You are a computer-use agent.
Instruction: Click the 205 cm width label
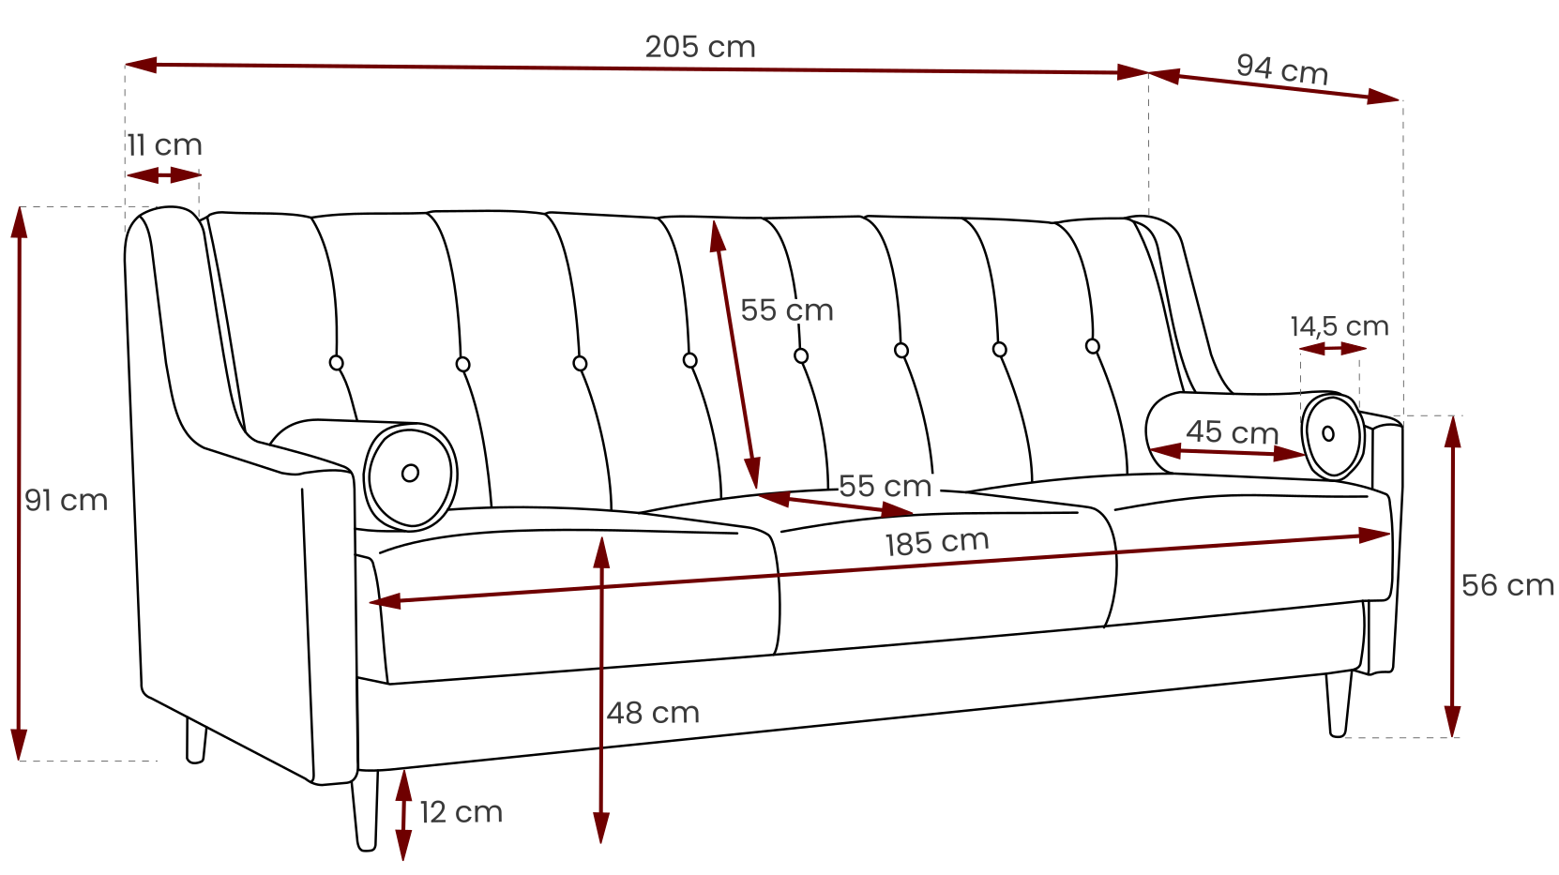tap(700, 47)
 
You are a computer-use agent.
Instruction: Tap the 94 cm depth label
tap(1282, 69)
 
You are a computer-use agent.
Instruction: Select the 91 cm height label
tap(66, 501)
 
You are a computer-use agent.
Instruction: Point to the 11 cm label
tap(164, 145)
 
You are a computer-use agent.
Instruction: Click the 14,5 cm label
tap(1340, 325)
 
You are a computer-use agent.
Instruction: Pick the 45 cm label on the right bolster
tap(1232, 432)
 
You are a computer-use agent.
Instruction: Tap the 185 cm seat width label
tap(937, 543)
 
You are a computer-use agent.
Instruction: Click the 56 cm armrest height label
tap(1507, 585)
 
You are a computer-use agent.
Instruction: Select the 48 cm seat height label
tap(653, 713)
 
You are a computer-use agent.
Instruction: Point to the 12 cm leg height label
tap(461, 812)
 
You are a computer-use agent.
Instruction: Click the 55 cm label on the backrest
tap(786, 310)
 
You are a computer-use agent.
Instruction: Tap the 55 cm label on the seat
tap(885, 487)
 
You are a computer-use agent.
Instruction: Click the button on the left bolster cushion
tap(410, 474)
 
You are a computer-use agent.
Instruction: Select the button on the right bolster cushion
tap(1328, 434)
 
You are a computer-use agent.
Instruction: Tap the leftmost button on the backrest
tap(336, 363)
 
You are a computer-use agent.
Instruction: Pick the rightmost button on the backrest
tap(1093, 346)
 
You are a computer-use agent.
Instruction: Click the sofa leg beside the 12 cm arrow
tap(366, 810)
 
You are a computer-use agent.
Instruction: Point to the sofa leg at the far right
tap(1339, 703)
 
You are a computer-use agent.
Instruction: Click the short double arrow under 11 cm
tap(164, 174)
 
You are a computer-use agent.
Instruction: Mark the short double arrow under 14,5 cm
tap(1333, 348)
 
